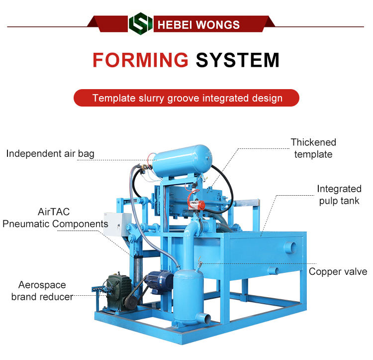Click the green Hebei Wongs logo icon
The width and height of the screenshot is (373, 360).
[x=140, y=23]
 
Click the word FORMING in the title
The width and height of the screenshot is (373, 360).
[x=140, y=60]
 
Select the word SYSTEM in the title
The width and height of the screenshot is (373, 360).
[x=237, y=60]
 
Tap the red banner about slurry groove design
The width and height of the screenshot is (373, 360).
[x=186, y=98]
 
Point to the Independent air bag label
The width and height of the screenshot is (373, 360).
[x=50, y=153]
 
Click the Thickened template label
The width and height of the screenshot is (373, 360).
[x=313, y=148]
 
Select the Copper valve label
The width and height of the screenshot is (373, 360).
[x=338, y=271]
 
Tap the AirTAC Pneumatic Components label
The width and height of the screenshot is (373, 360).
[x=55, y=218]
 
